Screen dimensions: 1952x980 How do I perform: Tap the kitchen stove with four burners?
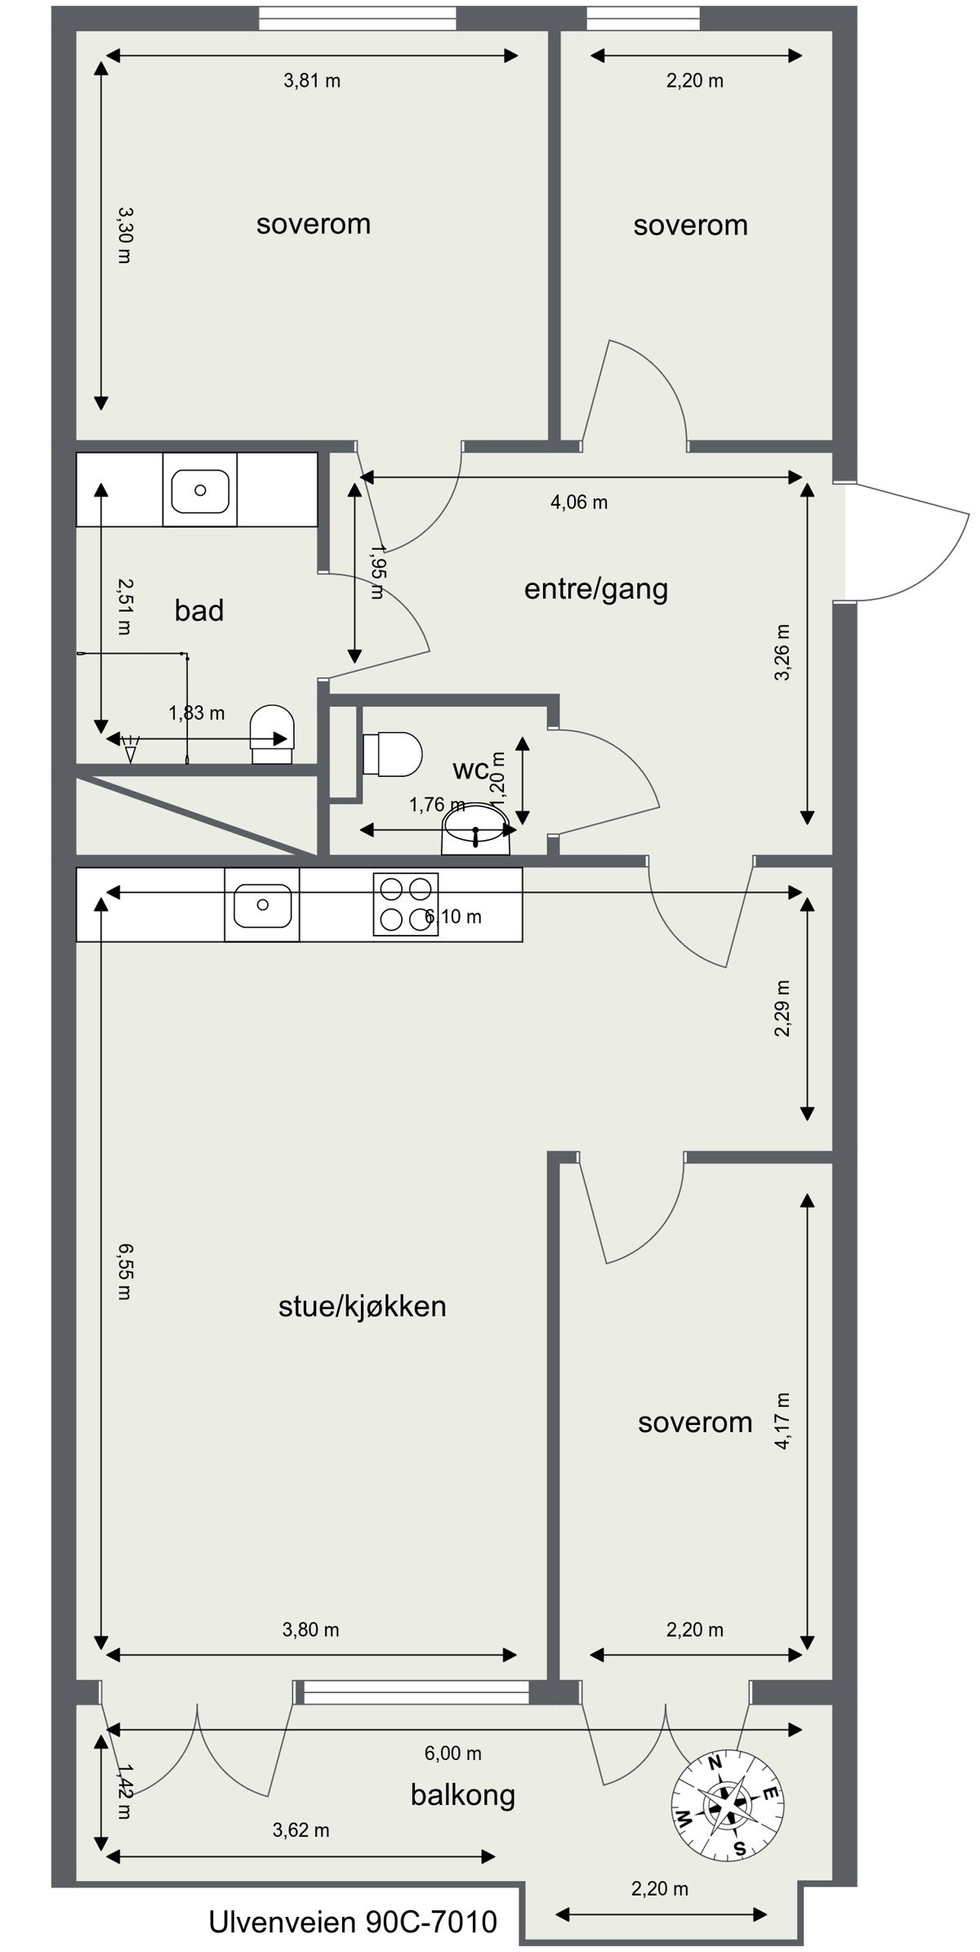coord(406,904)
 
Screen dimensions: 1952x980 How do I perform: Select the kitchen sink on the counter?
coord(261,905)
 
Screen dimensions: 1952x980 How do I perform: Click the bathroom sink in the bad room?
coord(199,490)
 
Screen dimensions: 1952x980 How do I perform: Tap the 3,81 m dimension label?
coord(312,81)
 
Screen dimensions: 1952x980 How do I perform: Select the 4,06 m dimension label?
coord(579,503)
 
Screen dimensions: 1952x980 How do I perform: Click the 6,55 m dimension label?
coord(123,1271)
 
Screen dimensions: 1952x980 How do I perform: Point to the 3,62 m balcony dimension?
coord(301,1829)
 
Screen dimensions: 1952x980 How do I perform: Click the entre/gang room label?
coord(595,588)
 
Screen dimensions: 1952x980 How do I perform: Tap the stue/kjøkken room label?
coord(362,1306)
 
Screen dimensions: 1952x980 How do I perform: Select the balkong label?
coord(462,1794)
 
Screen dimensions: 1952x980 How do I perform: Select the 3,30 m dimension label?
coord(123,235)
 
